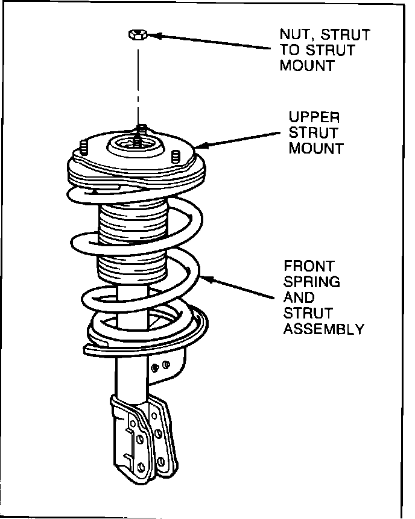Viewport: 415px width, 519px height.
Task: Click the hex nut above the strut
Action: (136, 35)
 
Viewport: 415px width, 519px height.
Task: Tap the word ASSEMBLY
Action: (324, 329)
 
